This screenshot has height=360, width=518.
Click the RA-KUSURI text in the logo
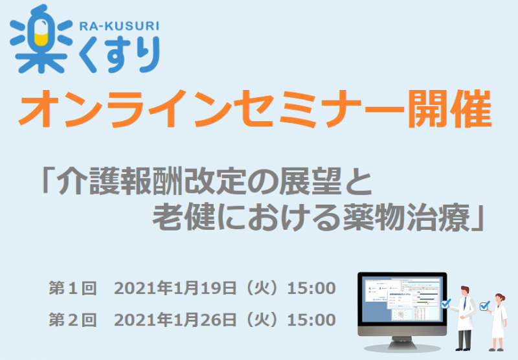point(119,26)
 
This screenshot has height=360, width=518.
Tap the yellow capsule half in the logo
point(41,39)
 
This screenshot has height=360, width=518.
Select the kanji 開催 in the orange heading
point(449,109)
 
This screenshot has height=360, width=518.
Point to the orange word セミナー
point(319,109)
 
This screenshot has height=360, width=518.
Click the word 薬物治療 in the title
point(407,218)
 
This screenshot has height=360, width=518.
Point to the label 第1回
point(73,288)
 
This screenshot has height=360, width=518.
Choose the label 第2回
point(73,320)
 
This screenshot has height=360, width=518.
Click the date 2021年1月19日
point(175,288)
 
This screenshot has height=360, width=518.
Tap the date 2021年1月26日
point(175,320)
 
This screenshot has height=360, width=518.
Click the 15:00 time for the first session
point(311,288)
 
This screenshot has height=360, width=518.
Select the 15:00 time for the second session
point(311,320)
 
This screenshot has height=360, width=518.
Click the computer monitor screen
point(402,300)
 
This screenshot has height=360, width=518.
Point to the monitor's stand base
point(402,346)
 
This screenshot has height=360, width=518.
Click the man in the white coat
point(465,318)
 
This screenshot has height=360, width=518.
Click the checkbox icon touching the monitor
point(445,303)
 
